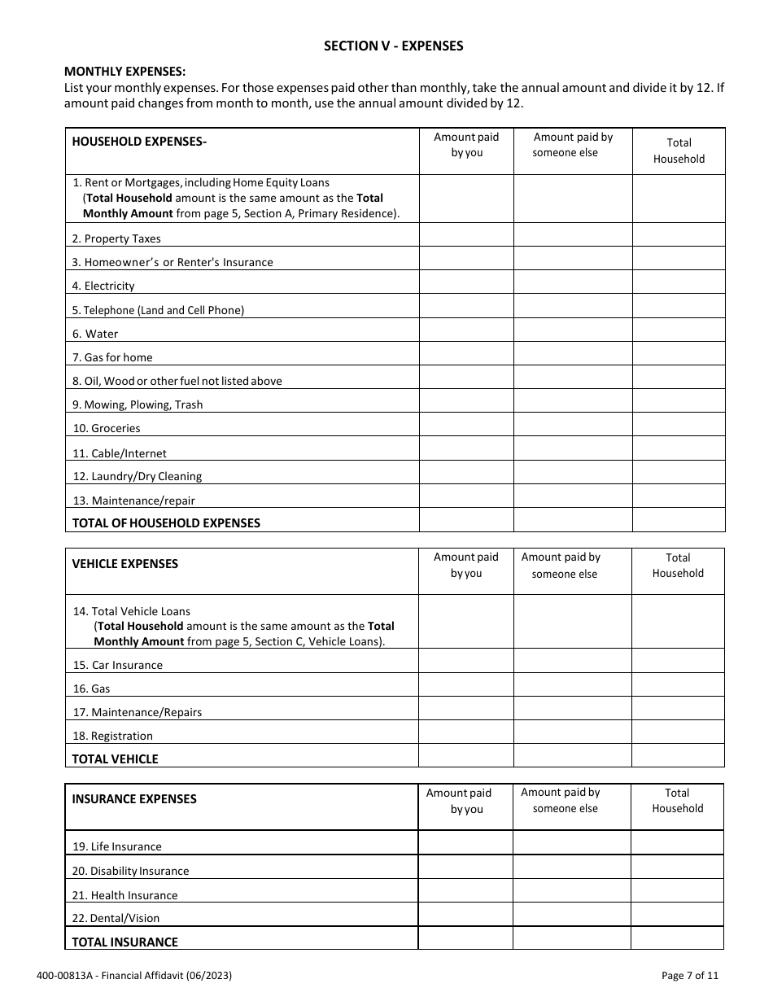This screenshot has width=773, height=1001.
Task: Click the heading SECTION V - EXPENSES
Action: click(x=393, y=46)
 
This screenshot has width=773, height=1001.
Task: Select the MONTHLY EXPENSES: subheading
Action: click(x=124, y=72)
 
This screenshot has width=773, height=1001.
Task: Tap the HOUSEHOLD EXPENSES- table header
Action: click(x=139, y=142)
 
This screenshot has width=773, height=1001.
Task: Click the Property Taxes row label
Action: click(x=116, y=238)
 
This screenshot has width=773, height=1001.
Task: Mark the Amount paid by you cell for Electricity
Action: click(x=466, y=282)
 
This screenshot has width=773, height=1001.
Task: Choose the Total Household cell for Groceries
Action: click(x=678, y=425)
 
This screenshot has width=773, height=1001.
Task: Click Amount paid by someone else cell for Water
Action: click(x=573, y=330)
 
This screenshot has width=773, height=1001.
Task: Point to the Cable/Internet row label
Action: click(x=120, y=453)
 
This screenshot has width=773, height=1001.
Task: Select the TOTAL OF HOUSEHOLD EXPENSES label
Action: click(x=166, y=523)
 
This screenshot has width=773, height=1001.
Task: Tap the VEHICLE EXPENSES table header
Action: click(x=124, y=564)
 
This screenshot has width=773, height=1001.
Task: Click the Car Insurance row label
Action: click(x=118, y=665)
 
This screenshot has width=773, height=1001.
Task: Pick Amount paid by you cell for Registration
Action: click(x=465, y=732)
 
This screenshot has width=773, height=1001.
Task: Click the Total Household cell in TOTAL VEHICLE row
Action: click(x=678, y=756)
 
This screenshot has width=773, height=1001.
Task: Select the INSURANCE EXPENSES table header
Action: click(x=134, y=799)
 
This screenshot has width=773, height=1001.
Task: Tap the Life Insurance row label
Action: click(x=116, y=846)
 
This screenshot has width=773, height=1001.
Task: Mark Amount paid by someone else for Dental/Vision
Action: click(x=571, y=915)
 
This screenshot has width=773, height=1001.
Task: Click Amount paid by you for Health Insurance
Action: click(x=465, y=891)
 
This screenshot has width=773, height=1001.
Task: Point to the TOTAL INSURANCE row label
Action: click(x=124, y=942)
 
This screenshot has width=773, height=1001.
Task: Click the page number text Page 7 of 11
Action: click(x=690, y=976)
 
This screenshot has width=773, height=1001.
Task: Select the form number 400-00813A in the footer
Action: click(x=61, y=976)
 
